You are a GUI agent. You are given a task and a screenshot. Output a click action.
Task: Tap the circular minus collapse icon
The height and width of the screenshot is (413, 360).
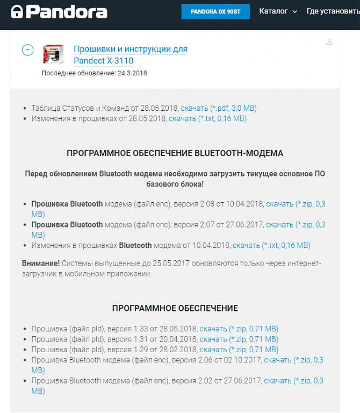(x=27, y=49)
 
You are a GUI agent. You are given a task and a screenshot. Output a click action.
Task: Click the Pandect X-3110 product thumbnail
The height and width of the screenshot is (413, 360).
(x=53, y=54)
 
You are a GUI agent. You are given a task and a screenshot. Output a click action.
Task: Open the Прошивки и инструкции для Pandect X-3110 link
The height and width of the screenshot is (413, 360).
(x=130, y=55)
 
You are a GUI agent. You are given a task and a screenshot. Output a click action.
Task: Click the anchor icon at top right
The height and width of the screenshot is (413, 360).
(x=330, y=42)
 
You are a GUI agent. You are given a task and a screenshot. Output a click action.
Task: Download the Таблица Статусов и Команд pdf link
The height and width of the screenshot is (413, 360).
(x=218, y=108)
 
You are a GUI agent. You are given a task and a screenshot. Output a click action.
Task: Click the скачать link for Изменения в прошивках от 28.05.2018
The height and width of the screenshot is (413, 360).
(x=207, y=118)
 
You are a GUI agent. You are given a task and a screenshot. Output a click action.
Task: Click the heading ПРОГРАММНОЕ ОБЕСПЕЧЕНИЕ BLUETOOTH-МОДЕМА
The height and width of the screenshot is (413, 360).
(x=175, y=153)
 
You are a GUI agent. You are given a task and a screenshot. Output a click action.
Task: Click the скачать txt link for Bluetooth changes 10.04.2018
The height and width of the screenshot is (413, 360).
(x=271, y=245)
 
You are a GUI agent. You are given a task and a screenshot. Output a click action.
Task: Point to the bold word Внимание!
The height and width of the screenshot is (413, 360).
(x=41, y=263)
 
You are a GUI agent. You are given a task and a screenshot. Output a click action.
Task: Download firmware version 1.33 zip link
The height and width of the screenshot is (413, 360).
(x=239, y=329)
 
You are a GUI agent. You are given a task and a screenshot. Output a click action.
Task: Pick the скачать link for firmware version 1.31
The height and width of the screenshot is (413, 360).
(x=239, y=339)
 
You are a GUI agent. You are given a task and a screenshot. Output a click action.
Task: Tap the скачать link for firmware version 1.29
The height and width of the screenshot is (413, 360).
(x=239, y=350)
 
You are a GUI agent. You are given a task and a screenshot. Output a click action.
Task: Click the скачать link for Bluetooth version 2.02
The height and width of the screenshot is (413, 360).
(x=293, y=381)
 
